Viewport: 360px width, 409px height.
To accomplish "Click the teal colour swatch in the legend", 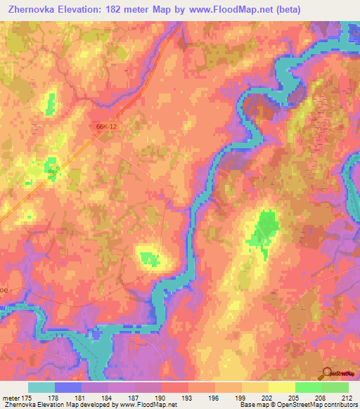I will coord(41,387).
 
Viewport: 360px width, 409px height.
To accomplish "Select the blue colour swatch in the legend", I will coord(68,387).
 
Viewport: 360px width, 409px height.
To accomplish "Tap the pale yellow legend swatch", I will coord(282,387).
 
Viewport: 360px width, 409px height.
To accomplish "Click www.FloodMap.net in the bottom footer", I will coord(144,405).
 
